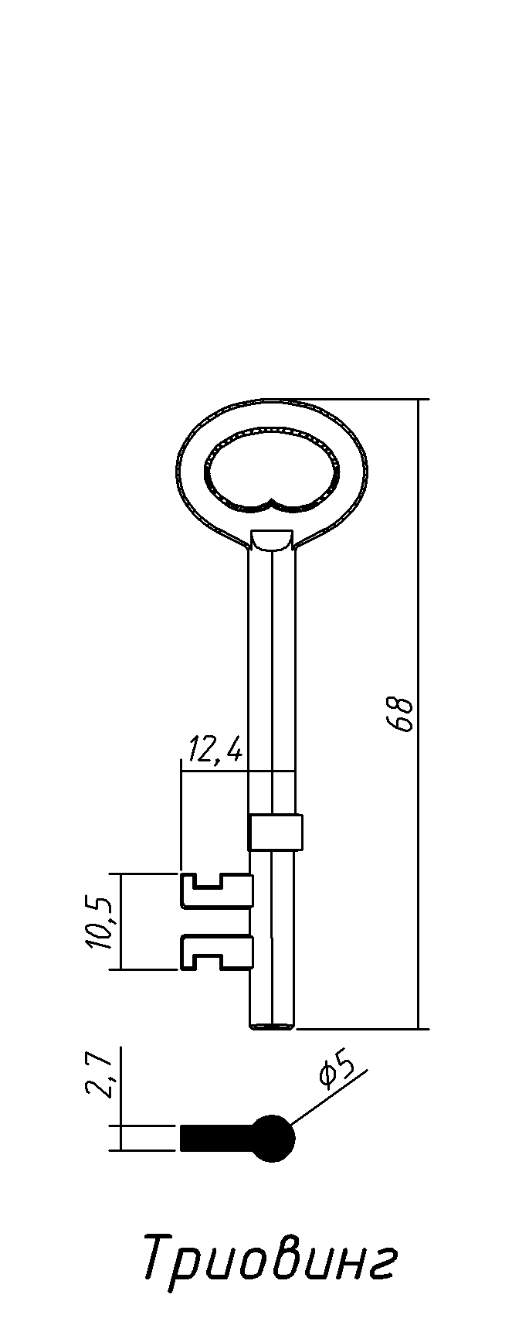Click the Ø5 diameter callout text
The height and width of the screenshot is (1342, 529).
click(336, 1071)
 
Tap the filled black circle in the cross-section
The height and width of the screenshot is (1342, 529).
click(273, 1138)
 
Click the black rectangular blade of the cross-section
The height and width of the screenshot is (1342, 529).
click(218, 1138)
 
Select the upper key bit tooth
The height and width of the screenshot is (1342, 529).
click(217, 890)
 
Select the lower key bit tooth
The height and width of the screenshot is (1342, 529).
click(217, 952)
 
